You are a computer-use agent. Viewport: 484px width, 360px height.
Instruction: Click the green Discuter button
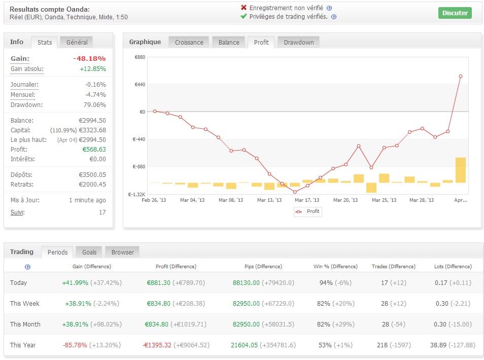pos(455,13)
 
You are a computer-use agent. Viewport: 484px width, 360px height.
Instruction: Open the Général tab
pos(77,43)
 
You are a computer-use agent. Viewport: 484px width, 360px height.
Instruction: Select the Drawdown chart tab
pos(299,43)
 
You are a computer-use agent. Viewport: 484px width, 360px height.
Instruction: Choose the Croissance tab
pos(189,43)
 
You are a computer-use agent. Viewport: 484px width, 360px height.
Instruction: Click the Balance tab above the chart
pos(229,43)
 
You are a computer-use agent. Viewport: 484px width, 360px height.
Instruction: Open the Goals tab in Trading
pos(89,252)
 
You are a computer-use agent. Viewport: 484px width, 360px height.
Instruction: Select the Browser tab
pos(123,252)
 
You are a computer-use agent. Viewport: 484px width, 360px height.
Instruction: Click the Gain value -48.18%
pos(89,58)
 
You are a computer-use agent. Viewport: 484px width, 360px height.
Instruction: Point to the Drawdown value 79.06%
pos(95,105)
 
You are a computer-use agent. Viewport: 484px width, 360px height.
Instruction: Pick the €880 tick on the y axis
pos(140,57)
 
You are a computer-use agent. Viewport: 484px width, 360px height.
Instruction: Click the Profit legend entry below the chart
pos(308,211)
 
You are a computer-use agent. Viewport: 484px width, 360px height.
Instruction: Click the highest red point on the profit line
pos(461,77)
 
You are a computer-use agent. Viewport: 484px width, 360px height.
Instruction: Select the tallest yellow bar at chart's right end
pos(460,170)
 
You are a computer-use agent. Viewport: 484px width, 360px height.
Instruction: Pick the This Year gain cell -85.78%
pos(75,345)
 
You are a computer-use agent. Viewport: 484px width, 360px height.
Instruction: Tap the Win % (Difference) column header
pos(335,266)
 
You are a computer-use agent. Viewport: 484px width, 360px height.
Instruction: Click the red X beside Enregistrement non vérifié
pos(244,8)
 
